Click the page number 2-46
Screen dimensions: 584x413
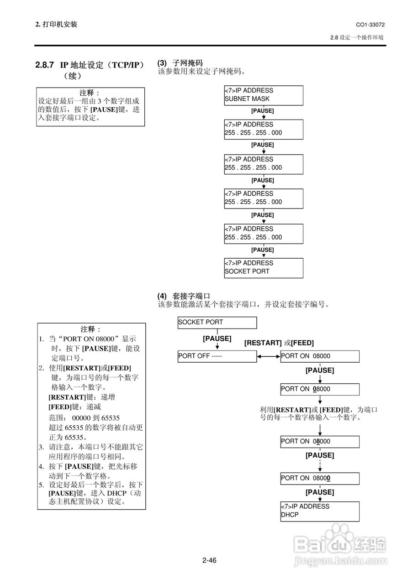click(209, 560)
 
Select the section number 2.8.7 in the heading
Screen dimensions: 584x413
click(45, 65)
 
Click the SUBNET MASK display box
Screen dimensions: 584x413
click(263, 95)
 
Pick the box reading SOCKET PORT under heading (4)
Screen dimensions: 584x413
click(217, 323)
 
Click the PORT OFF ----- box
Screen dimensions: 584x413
click(217, 356)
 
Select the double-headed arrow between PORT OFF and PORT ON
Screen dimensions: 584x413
click(268, 356)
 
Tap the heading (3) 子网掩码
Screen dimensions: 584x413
click(180, 63)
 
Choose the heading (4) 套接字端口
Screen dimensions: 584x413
click(184, 296)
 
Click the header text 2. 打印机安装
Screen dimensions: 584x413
click(56, 24)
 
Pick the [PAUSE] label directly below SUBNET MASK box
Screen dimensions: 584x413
click(263, 110)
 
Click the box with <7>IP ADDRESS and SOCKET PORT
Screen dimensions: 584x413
click(263, 267)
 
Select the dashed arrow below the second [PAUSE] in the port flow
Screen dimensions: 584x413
click(320, 465)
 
